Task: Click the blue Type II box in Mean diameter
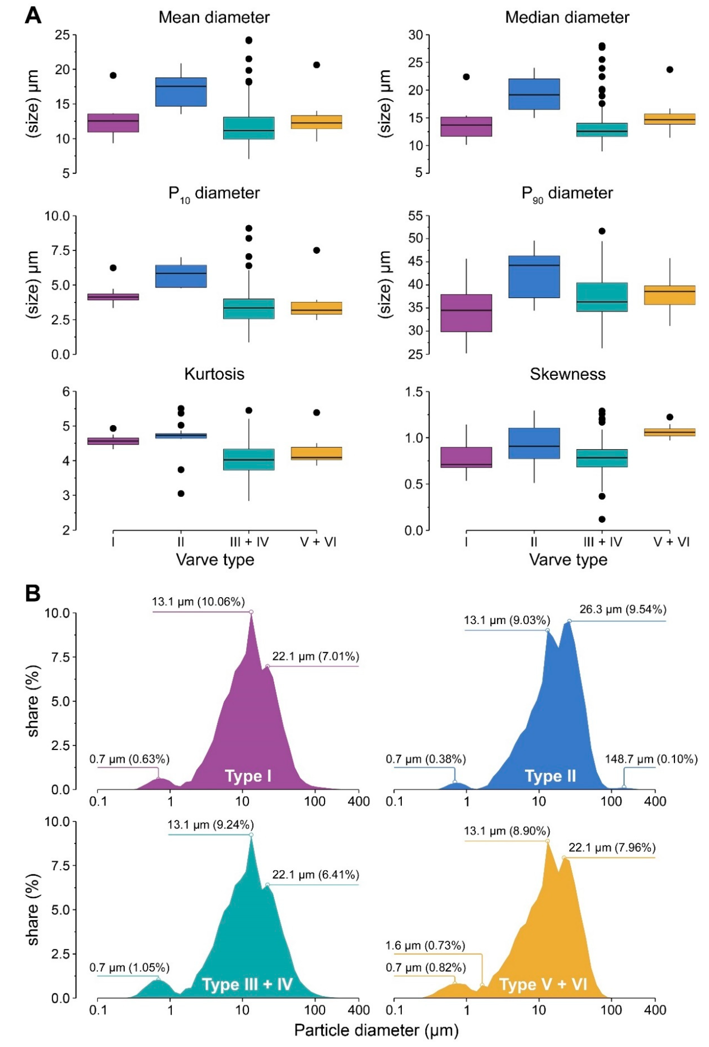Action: click(x=181, y=92)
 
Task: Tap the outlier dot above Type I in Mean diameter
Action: click(x=113, y=75)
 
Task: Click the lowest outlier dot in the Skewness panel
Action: click(x=602, y=519)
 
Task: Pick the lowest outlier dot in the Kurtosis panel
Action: click(x=181, y=493)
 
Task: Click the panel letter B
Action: click(x=33, y=594)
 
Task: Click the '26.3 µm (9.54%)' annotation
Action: click(x=622, y=609)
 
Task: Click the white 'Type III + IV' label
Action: click(x=247, y=984)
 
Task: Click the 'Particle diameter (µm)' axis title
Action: click(x=376, y=1030)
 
